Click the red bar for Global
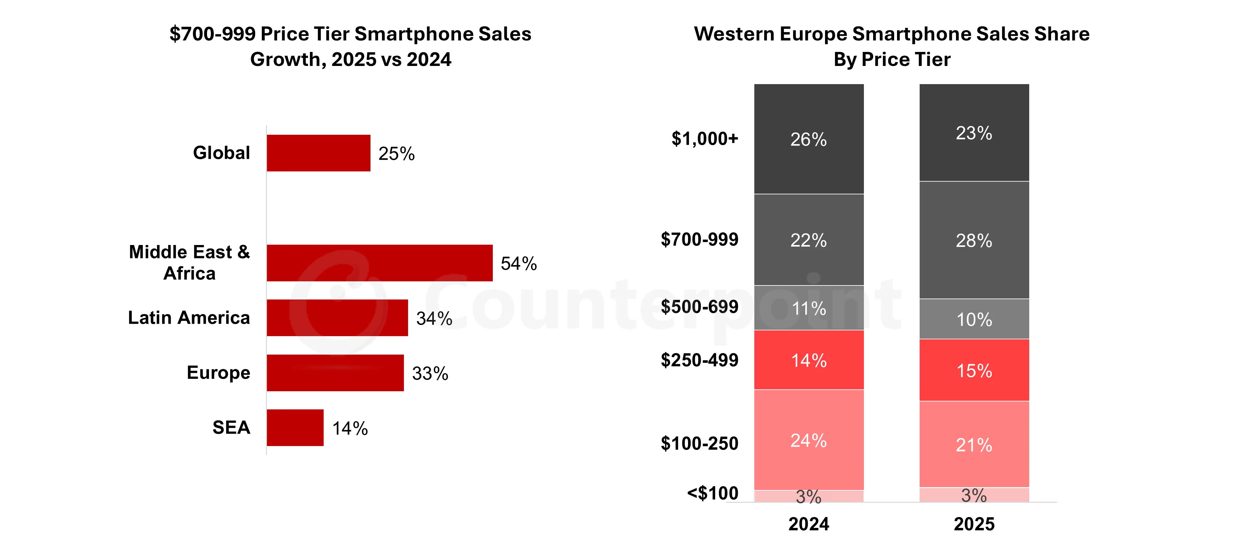coord(318,153)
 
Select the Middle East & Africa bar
coord(379,263)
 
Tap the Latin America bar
coord(337,318)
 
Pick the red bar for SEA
coord(295,428)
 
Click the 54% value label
coord(518,263)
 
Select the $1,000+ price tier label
coord(704,139)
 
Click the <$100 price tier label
coord(712,493)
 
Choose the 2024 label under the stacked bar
coord(808,524)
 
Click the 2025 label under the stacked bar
coord(974,524)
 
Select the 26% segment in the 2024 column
coord(808,139)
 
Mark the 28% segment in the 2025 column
coord(974,240)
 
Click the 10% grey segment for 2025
coord(974,319)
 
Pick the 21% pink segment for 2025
coord(974,445)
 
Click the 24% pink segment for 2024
coord(808,440)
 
